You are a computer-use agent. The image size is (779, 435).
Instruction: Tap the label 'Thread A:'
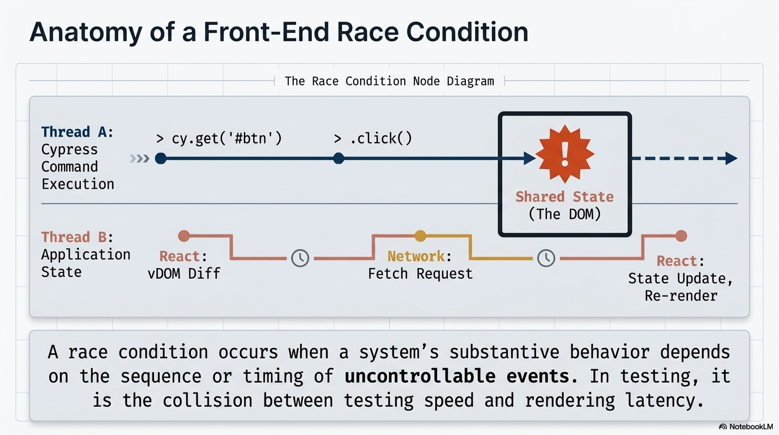coord(78,132)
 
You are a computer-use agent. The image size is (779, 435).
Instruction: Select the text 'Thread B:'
coord(78,237)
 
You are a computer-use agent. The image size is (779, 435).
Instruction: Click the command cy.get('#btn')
coord(219,138)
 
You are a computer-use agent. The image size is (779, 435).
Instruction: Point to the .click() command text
coord(373,138)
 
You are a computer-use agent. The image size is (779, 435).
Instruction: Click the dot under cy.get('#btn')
coord(161,159)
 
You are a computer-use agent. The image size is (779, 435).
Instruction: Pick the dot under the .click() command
coord(339,159)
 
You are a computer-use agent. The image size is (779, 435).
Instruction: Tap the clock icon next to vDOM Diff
coord(300,258)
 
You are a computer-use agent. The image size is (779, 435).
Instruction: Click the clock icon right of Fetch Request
coord(546,258)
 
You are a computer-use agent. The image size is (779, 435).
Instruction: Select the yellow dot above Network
coord(420,236)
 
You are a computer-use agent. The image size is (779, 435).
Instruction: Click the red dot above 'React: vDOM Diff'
coord(183,236)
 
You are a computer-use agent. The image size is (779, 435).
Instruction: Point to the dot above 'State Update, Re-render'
coord(681,236)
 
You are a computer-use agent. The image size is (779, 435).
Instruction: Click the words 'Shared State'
coord(564,197)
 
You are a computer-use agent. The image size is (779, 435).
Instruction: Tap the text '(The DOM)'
coord(564,214)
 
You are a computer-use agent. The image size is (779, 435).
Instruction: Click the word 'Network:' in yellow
coord(420,257)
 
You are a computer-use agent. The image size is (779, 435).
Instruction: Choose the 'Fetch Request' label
coord(420,274)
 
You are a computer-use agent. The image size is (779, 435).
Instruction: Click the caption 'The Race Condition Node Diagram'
coord(389,81)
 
